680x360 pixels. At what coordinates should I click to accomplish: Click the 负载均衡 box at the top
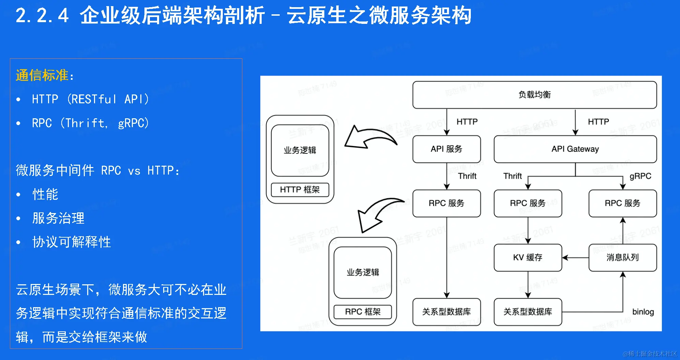tap(534, 95)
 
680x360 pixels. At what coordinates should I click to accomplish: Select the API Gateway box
tap(575, 149)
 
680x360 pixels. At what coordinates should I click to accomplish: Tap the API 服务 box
tap(446, 149)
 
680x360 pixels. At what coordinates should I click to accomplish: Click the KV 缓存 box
tap(527, 257)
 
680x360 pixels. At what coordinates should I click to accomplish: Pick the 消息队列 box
tap(622, 257)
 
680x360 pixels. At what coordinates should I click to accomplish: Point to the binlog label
tap(643, 312)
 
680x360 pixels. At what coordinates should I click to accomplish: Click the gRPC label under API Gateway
tap(640, 176)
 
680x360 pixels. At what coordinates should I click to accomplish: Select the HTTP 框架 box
tap(300, 190)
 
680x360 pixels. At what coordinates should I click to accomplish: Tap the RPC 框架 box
tap(362, 312)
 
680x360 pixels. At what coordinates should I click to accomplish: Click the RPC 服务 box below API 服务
tap(446, 203)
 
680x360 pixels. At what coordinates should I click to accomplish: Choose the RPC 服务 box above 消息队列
tap(622, 203)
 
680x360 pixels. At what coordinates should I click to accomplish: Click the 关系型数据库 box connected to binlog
tap(527, 312)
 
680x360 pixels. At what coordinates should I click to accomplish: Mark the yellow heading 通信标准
tap(42, 75)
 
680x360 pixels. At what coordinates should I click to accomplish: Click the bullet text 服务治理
tap(58, 218)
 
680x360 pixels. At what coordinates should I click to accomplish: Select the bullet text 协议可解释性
tap(72, 242)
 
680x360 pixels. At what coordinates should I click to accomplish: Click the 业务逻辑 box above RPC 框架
tap(362, 272)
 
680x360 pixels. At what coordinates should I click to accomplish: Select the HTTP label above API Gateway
tap(598, 122)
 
